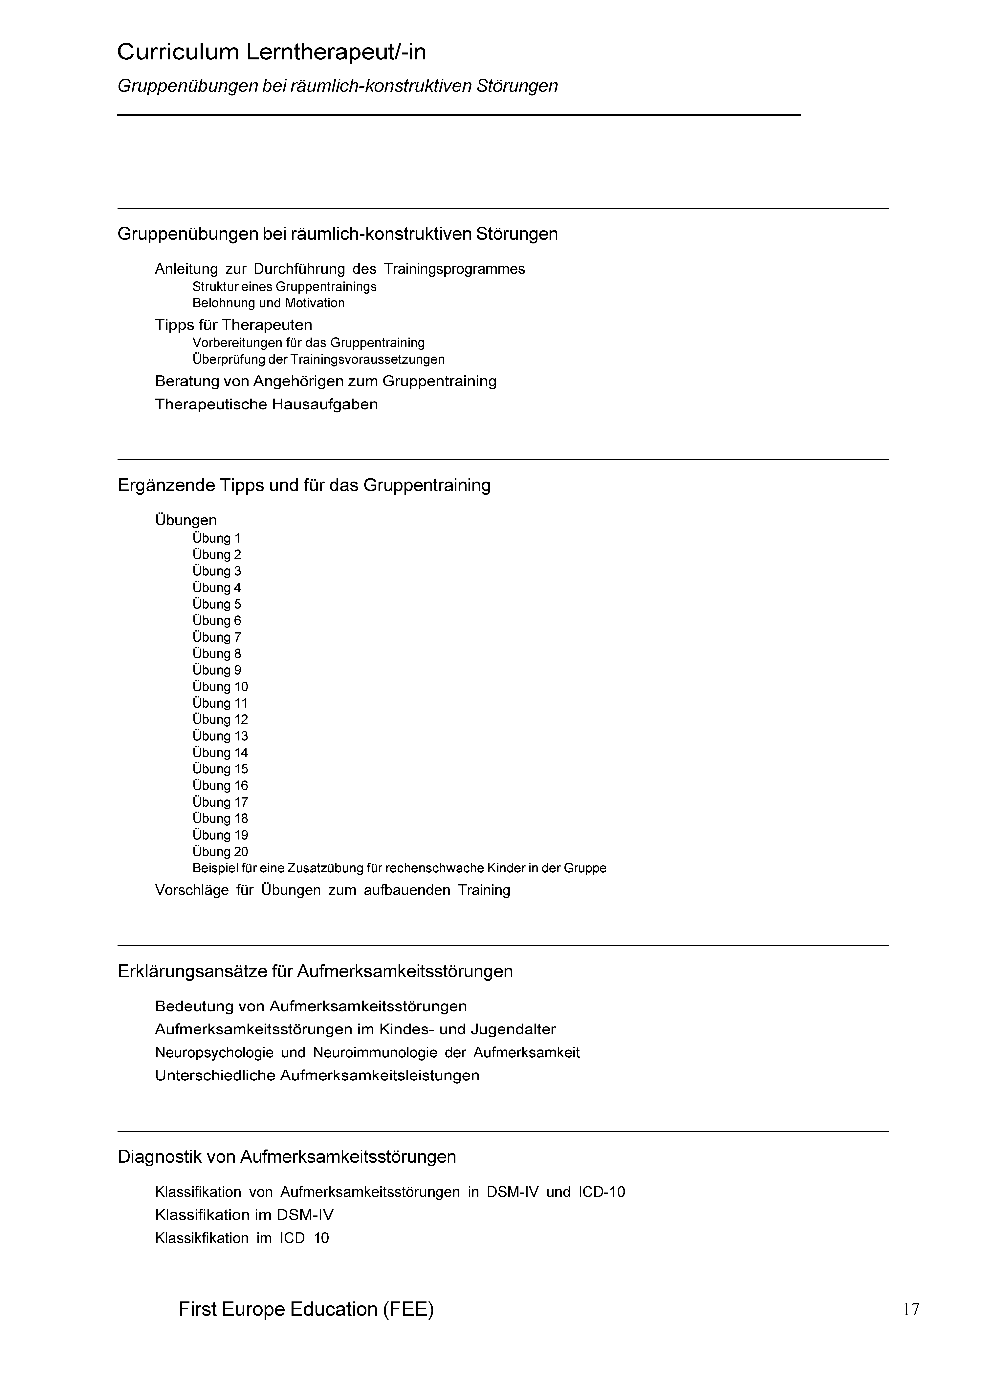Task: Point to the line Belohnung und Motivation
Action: coord(268,303)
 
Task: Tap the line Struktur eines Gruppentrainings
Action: coord(284,287)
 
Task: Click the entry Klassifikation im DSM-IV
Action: coord(244,1215)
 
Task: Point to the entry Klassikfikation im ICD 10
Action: coord(242,1238)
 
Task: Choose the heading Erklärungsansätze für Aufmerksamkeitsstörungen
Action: coord(315,972)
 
